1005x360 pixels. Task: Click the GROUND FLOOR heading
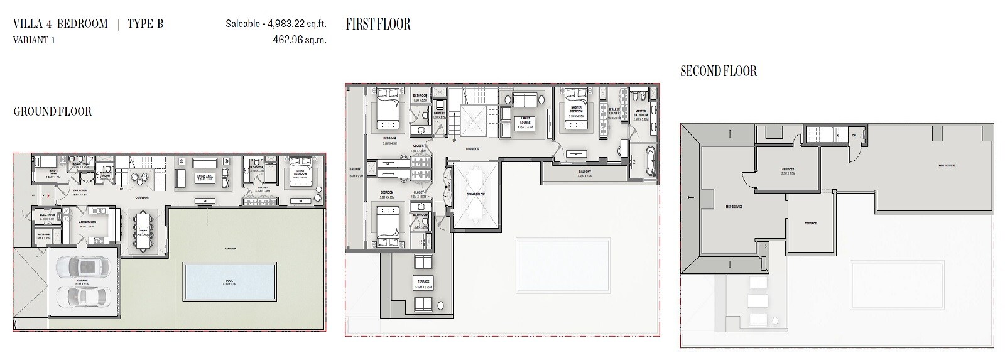(x=53, y=112)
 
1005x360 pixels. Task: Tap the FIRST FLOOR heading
(x=378, y=25)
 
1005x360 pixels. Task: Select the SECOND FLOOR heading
(x=718, y=72)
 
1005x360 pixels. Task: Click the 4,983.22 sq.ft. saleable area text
(x=276, y=25)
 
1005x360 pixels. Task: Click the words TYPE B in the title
(x=145, y=25)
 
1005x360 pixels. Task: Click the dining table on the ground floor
(x=143, y=230)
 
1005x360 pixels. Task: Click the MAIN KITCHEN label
(x=86, y=222)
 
